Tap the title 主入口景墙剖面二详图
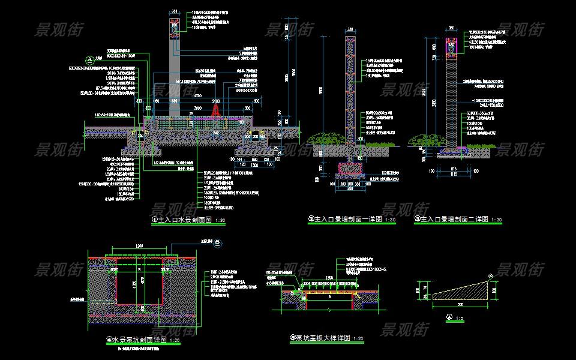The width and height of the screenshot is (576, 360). (x=455, y=220)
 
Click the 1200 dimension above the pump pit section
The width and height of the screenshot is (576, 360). (x=139, y=246)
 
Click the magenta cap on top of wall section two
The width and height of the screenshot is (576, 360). (x=451, y=45)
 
